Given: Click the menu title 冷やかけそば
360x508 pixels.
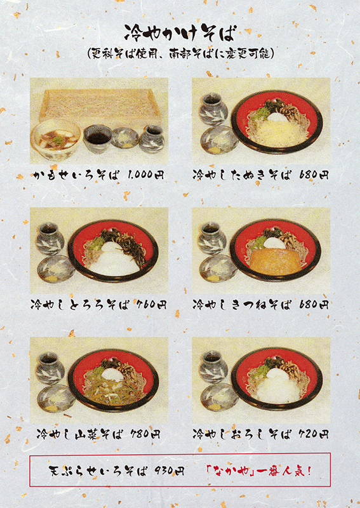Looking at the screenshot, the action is (x=179, y=33).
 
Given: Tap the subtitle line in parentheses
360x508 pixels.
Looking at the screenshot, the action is (x=180, y=54).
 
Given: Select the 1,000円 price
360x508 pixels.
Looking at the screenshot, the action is (x=145, y=175).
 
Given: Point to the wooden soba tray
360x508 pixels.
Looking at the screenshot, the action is (x=100, y=104).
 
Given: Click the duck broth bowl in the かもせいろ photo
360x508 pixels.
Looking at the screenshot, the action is (x=55, y=139).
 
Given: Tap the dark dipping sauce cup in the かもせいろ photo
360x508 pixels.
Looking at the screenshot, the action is (x=98, y=138).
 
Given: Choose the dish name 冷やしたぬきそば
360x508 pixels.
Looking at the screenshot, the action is (x=242, y=175).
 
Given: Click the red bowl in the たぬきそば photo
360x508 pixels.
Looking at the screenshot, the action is (x=277, y=121).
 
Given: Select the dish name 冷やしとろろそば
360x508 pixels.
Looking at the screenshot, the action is (x=80, y=305).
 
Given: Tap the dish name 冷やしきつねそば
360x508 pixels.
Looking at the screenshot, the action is (x=242, y=305).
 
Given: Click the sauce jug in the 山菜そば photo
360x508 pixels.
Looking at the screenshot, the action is (x=50, y=368).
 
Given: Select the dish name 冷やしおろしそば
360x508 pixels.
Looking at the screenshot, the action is (x=242, y=434).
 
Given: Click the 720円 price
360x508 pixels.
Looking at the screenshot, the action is (x=314, y=434).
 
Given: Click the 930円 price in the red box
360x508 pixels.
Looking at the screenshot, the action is (x=169, y=471).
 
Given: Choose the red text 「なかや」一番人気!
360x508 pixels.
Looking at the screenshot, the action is (x=259, y=471).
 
